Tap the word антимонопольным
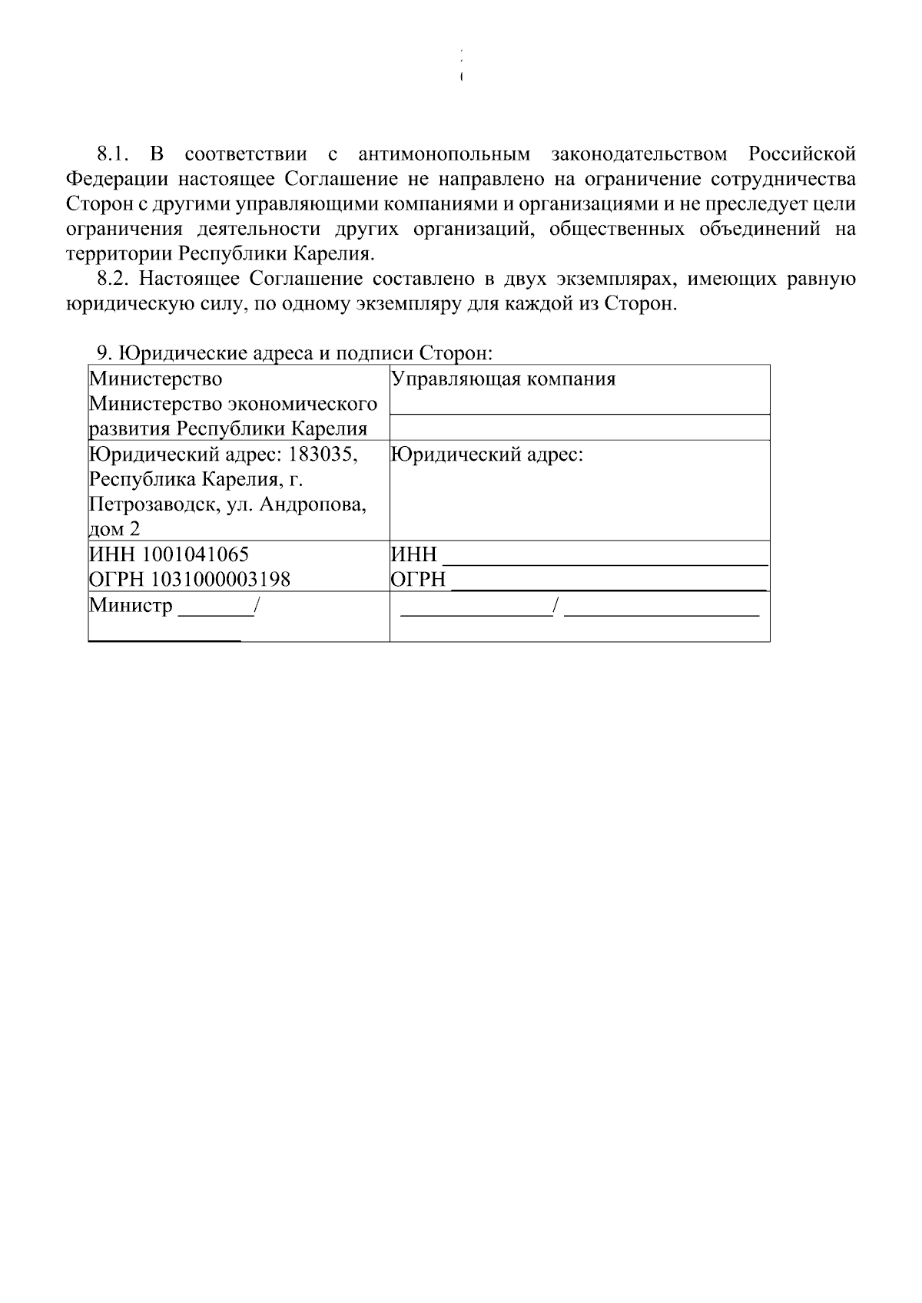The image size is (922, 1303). tap(444, 154)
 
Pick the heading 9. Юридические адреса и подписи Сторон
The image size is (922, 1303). tap(294, 353)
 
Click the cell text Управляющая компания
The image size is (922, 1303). tap(504, 379)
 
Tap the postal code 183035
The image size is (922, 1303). tap(323, 455)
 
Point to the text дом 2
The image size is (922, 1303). tap(114, 530)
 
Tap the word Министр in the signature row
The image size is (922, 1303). tap(131, 605)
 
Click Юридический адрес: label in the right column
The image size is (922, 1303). tap(487, 455)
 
